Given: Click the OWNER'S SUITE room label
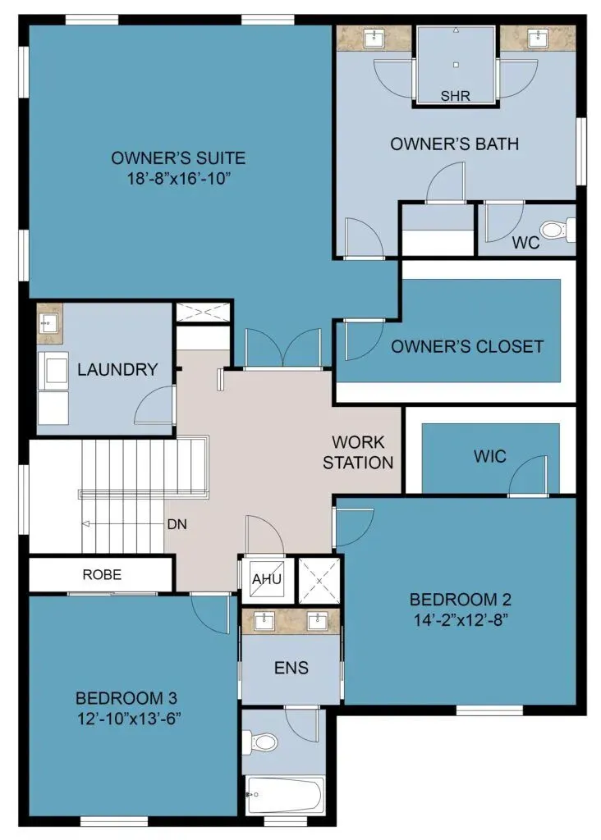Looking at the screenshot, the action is tap(178, 158).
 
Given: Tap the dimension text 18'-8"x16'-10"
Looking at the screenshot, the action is tap(178, 178).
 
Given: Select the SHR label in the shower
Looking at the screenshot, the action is tap(455, 96).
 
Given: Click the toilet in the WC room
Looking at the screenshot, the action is tap(557, 230).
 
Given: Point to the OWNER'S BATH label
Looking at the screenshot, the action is tap(454, 144).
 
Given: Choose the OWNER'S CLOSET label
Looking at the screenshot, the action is tap(467, 347).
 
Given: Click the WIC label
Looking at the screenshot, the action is tap(489, 456).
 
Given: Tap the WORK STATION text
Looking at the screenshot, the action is tap(358, 452).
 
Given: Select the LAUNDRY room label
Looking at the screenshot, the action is tap(117, 369).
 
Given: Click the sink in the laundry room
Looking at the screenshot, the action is tap(49, 323).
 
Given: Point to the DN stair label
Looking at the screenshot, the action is tap(177, 524).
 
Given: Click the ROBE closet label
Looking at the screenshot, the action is tap(102, 574).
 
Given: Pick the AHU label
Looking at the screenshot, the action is tap(267, 579).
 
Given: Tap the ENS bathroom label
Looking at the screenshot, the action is tap(291, 668).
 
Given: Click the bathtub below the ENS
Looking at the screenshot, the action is tap(284, 795).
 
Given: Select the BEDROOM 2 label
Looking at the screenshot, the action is tap(460, 599).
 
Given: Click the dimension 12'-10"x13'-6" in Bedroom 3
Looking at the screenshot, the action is tap(129, 719).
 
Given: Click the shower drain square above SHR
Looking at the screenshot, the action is tap(456, 65).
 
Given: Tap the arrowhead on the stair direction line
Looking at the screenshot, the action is tap(85, 524).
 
